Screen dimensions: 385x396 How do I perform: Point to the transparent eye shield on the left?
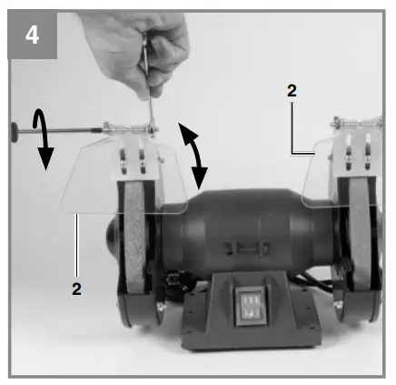tap(100, 182)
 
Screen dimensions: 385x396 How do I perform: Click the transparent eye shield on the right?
tap(318, 182)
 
